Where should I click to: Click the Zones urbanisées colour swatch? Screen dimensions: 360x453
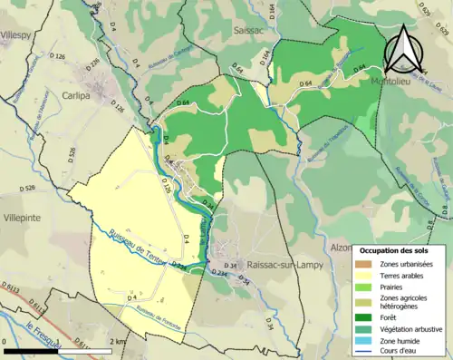(x=366, y=264)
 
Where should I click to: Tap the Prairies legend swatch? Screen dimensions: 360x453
(x=366, y=289)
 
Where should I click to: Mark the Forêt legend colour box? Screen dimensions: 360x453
(x=366, y=317)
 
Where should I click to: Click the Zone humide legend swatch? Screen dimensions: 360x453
(x=366, y=343)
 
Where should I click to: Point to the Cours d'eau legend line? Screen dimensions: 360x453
(x=366, y=355)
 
